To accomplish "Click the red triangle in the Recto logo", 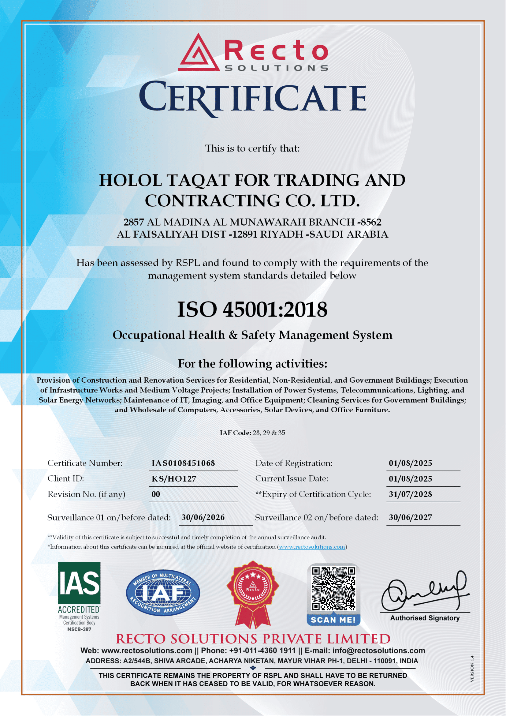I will pos(199,53).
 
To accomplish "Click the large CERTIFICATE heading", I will pos(252,97).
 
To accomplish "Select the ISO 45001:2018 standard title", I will pos(252,309).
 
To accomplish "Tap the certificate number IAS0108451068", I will pos(183,463).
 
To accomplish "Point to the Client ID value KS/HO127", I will pos(174,479).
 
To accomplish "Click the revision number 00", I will pos(156,494).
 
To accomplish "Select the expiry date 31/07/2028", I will pos(410,494).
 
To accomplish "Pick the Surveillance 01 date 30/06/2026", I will pos(203,518).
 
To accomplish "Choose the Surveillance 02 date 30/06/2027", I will pos(410,518).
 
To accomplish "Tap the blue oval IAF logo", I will pos(163,593).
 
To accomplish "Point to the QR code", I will pos(334,589).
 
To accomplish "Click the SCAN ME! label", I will pos(333,620).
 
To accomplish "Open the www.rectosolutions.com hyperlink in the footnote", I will pos(312,547).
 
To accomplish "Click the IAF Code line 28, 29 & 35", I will pos(252,433).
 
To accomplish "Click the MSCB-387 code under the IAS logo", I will pos(80,629).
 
